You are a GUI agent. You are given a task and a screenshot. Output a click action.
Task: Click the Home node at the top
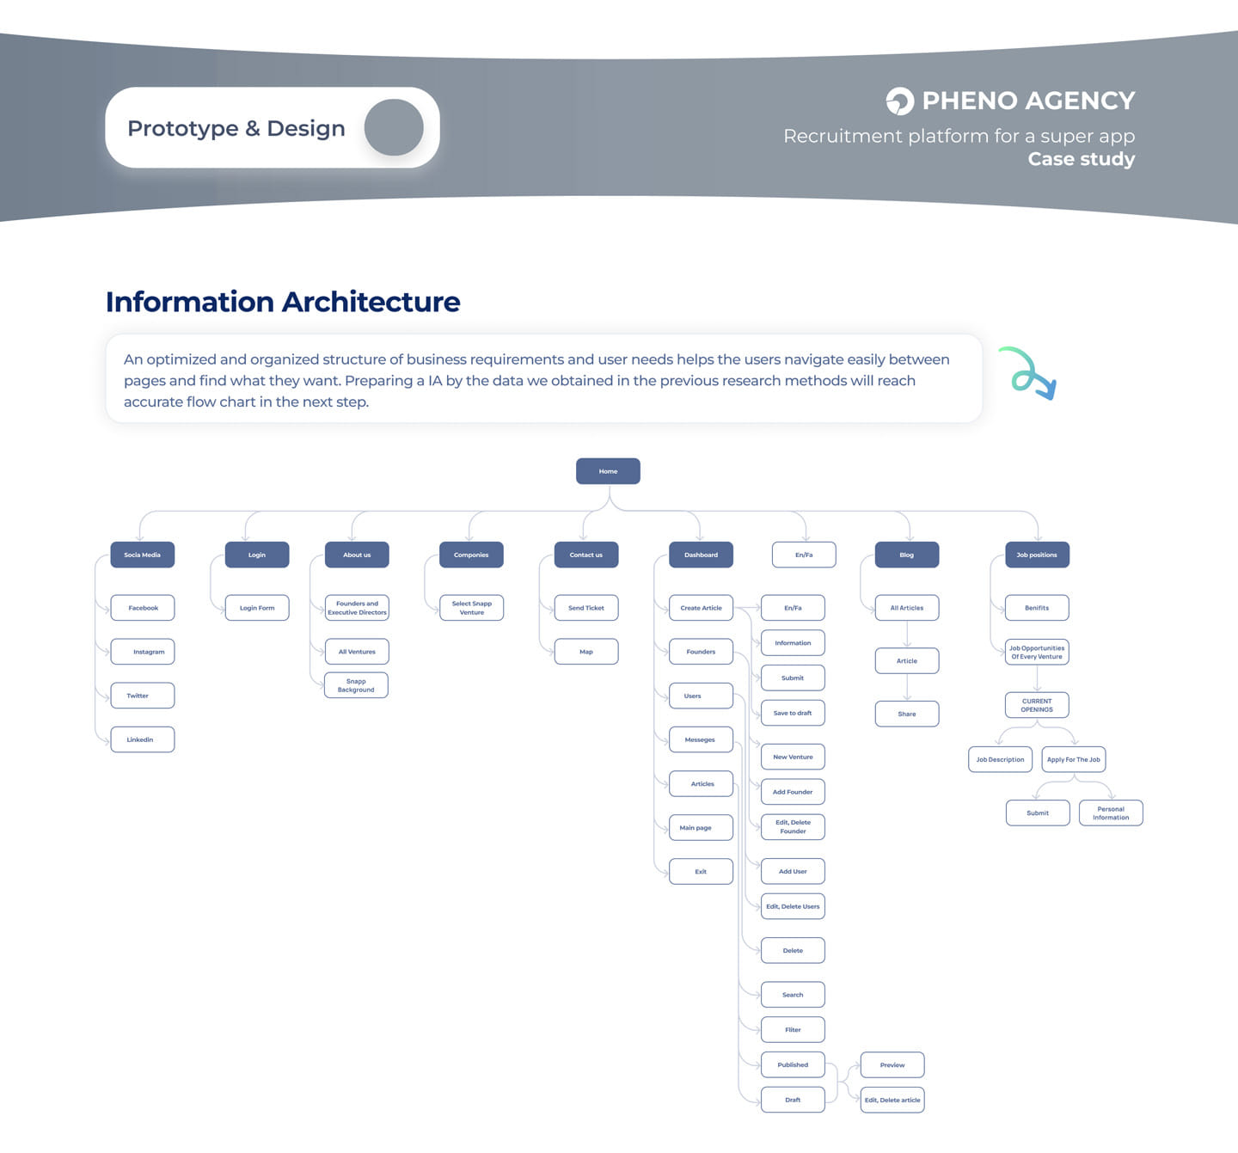(608, 471)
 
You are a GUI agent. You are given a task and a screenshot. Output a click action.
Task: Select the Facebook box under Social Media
(143, 608)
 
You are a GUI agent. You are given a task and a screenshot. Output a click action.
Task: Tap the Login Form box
(257, 608)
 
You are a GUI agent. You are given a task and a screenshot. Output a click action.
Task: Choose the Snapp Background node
(356, 685)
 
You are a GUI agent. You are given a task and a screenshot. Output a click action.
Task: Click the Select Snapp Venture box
(471, 608)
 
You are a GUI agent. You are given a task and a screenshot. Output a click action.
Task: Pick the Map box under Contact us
(586, 652)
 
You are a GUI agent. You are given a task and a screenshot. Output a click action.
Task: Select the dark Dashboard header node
(701, 555)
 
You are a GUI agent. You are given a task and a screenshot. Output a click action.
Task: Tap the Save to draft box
(793, 713)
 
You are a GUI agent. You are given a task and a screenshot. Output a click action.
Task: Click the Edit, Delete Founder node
(793, 827)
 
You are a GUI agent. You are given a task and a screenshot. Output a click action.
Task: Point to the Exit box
(701, 872)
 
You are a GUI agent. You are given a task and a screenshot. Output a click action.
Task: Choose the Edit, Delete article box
(892, 1100)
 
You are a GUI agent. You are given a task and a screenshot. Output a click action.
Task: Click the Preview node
(892, 1065)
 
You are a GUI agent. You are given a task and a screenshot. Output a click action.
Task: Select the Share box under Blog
(907, 714)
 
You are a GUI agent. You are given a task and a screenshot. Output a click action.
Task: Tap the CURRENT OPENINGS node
(1037, 705)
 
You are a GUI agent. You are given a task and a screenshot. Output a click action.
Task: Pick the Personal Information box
(1111, 813)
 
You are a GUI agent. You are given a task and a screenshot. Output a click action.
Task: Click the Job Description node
(1000, 760)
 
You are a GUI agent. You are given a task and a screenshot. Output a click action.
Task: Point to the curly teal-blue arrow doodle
(1028, 373)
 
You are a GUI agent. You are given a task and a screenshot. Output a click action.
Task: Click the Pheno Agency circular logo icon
(899, 101)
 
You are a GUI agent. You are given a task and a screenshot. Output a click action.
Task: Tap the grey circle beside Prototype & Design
(394, 127)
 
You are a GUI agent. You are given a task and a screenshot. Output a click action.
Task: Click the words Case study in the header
(1081, 159)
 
